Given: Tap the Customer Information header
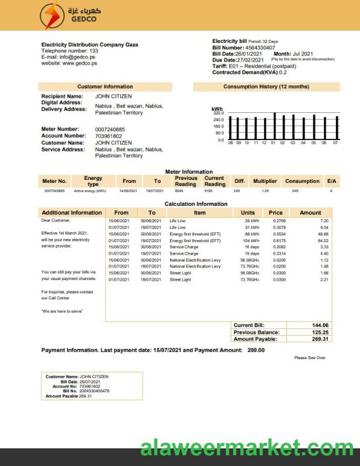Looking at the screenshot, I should [x=105, y=87].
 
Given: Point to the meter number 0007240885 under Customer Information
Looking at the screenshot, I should [x=110, y=129].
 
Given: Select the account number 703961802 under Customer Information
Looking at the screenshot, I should [x=108, y=136].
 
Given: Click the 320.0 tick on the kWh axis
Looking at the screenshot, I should [x=219, y=113].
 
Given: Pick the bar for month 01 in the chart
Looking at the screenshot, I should [x=274, y=126].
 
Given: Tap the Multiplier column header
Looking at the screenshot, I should [x=265, y=181].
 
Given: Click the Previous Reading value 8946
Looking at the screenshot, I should [x=179, y=191].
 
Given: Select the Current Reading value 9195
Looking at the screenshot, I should [x=208, y=191].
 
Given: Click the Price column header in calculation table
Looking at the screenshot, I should [x=275, y=212].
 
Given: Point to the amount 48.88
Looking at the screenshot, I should [x=323, y=234].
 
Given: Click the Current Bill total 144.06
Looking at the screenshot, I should [x=320, y=325].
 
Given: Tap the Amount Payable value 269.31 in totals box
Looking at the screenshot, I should [x=320, y=339].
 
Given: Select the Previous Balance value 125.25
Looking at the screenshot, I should [x=320, y=332].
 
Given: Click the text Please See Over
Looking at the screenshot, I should [x=310, y=358].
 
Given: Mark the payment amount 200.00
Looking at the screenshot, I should [x=256, y=350].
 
